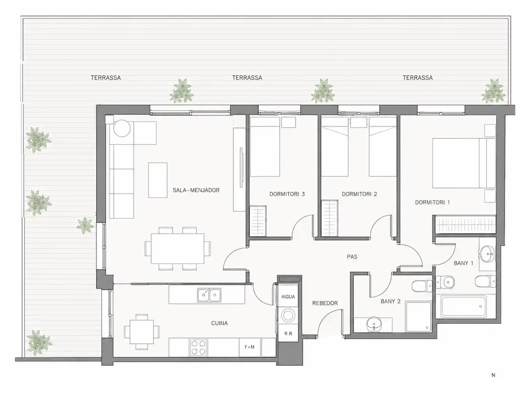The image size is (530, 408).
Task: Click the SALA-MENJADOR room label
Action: (x=196, y=190)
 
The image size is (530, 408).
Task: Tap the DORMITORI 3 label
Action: (x=287, y=194)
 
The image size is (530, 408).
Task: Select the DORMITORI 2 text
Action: (x=359, y=194)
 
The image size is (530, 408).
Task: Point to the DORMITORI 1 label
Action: (x=432, y=202)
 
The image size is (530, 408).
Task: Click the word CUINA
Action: (x=219, y=323)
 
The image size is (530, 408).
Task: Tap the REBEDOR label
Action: (x=325, y=303)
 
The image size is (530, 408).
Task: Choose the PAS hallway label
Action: (x=352, y=257)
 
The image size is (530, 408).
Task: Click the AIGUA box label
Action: (x=288, y=297)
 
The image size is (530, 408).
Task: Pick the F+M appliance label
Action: (x=250, y=347)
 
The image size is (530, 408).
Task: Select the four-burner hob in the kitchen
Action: (x=198, y=347)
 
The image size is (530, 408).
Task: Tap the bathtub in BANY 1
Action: (x=464, y=306)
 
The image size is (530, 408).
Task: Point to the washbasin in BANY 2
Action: (x=374, y=324)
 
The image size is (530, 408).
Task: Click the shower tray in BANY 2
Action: (x=418, y=317)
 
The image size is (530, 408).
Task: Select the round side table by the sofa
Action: (x=122, y=128)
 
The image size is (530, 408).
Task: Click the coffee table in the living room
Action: (x=158, y=180)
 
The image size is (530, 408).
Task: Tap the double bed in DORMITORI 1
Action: (x=464, y=163)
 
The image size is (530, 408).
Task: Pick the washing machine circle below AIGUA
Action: (x=288, y=315)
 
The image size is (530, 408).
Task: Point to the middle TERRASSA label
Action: (x=247, y=78)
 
